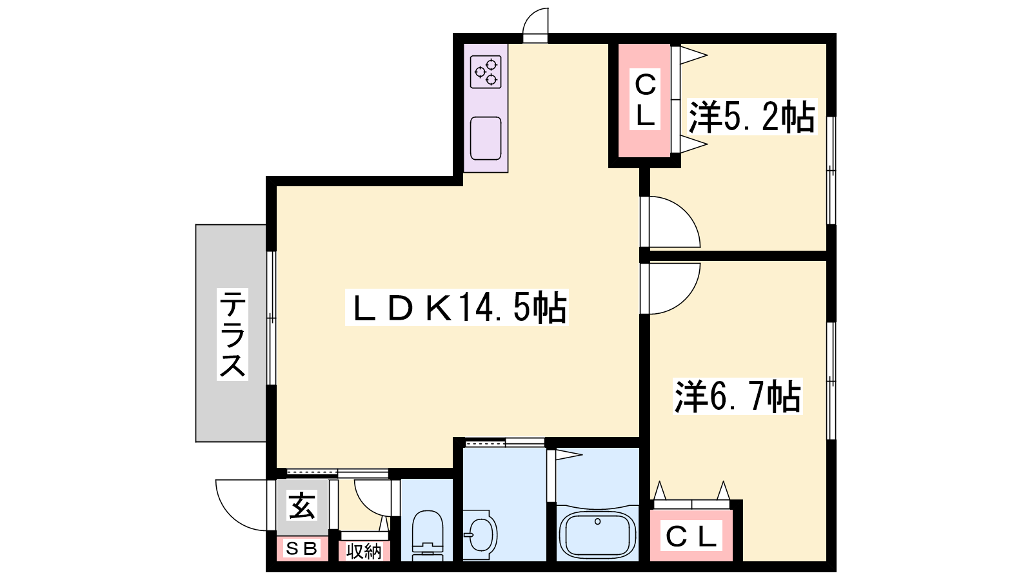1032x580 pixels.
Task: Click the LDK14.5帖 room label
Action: click(457, 307)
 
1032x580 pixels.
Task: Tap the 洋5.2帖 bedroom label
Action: click(752, 117)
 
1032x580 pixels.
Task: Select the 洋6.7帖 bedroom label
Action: click(738, 396)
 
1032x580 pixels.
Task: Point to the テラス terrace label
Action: click(233, 334)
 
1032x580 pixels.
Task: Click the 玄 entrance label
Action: click(302, 505)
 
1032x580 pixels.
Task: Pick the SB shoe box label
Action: click(302, 548)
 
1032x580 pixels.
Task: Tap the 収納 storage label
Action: click(364, 551)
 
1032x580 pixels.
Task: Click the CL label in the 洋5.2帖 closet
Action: click(645, 99)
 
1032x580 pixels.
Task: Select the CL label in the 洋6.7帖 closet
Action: click(691, 536)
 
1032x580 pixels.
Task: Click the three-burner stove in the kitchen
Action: click(486, 72)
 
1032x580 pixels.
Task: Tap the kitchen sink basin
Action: click(486, 138)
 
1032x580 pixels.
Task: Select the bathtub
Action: click(597, 535)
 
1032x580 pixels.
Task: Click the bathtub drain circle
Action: click(597, 521)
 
